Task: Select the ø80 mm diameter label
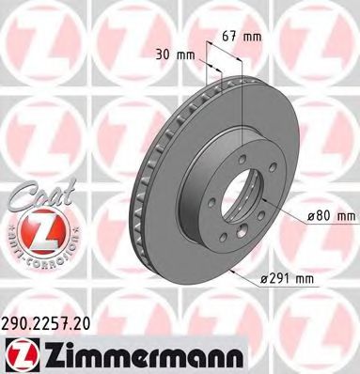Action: click(x=329, y=217)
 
